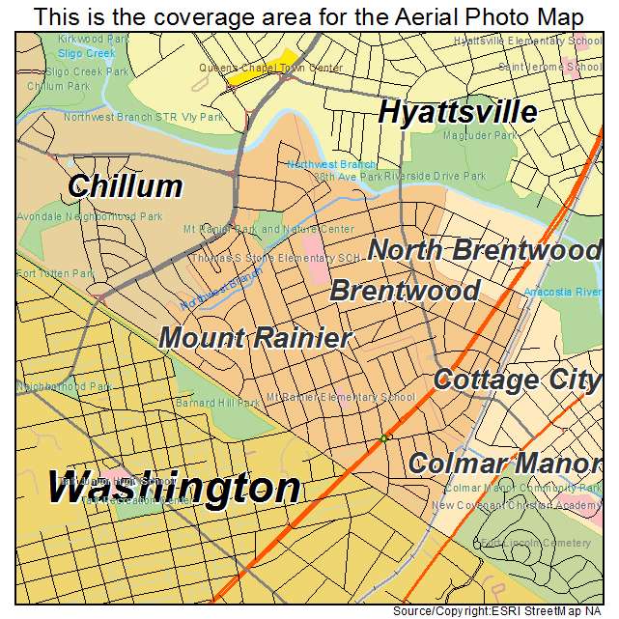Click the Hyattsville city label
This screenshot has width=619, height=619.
click(457, 112)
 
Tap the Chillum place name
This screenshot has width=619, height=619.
click(125, 185)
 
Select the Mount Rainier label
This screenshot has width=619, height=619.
click(254, 338)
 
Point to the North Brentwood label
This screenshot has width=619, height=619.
click(484, 250)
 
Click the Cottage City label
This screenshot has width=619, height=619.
click(517, 380)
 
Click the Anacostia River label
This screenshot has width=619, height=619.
click(562, 292)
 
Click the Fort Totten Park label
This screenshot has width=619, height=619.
click(54, 273)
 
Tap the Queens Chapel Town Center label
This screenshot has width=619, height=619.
click(270, 69)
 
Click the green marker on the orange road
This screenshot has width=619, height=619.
click(383, 438)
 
